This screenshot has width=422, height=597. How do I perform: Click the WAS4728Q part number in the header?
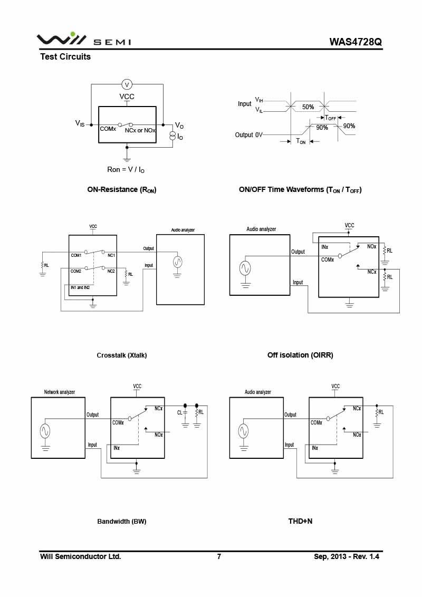click(x=355, y=42)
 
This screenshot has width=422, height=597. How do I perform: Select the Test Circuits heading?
click(x=65, y=57)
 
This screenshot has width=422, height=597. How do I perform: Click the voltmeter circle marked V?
click(x=127, y=84)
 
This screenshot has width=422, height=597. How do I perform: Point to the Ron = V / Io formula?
click(x=126, y=169)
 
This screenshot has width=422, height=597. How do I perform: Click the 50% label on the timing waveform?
click(x=308, y=107)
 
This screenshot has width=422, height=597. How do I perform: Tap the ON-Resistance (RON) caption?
click(x=122, y=190)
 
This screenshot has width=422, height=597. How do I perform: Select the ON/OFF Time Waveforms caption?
click(x=300, y=190)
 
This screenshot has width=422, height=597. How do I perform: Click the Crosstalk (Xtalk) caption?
click(x=122, y=355)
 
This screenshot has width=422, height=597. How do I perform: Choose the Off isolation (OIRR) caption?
click(x=300, y=355)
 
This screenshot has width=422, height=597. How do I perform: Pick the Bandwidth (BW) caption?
click(x=122, y=522)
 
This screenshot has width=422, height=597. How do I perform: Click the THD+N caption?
click(x=300, y=522)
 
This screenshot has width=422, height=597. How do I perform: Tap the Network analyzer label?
click(x=59, y=392)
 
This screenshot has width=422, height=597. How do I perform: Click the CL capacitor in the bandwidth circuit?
click(x=185, y=412)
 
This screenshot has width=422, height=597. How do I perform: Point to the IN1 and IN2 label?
click(x=80, y=287)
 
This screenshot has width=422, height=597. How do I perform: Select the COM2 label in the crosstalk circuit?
click(x=76, y=271)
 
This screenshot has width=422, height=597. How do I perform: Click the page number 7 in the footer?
click(x=219, y=556)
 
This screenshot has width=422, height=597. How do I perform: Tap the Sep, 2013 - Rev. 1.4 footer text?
click(x=347, y=556)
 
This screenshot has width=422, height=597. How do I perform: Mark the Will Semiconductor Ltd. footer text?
click(x=81, y=556)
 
